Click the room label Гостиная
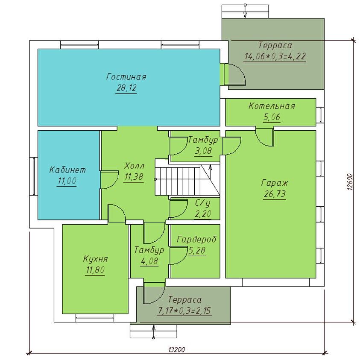(x=126, y=76)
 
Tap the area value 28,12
(x=126, y=88)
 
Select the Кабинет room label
(x=67, y=170)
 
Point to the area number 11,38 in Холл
(x=134, y=177)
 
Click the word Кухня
(x=95, y=259)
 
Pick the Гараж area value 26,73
(x=275, y=194)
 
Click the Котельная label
(x=272, y=106)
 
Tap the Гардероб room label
(x=196, y=239)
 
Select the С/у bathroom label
(x=203, y=203)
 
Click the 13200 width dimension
(x=177, y=349)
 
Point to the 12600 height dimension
(x=350, y=182)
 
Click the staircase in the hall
(x=187, y=180)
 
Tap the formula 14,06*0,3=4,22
(x=275, y=56)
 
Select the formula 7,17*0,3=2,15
(x=184, y=311)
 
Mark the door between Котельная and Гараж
(x=265, y=136)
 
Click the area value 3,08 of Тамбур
(x=203, y=151)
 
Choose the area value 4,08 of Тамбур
(x=149, y=261)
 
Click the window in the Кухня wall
(x=95, y=318)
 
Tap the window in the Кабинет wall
(x=34, y=176)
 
